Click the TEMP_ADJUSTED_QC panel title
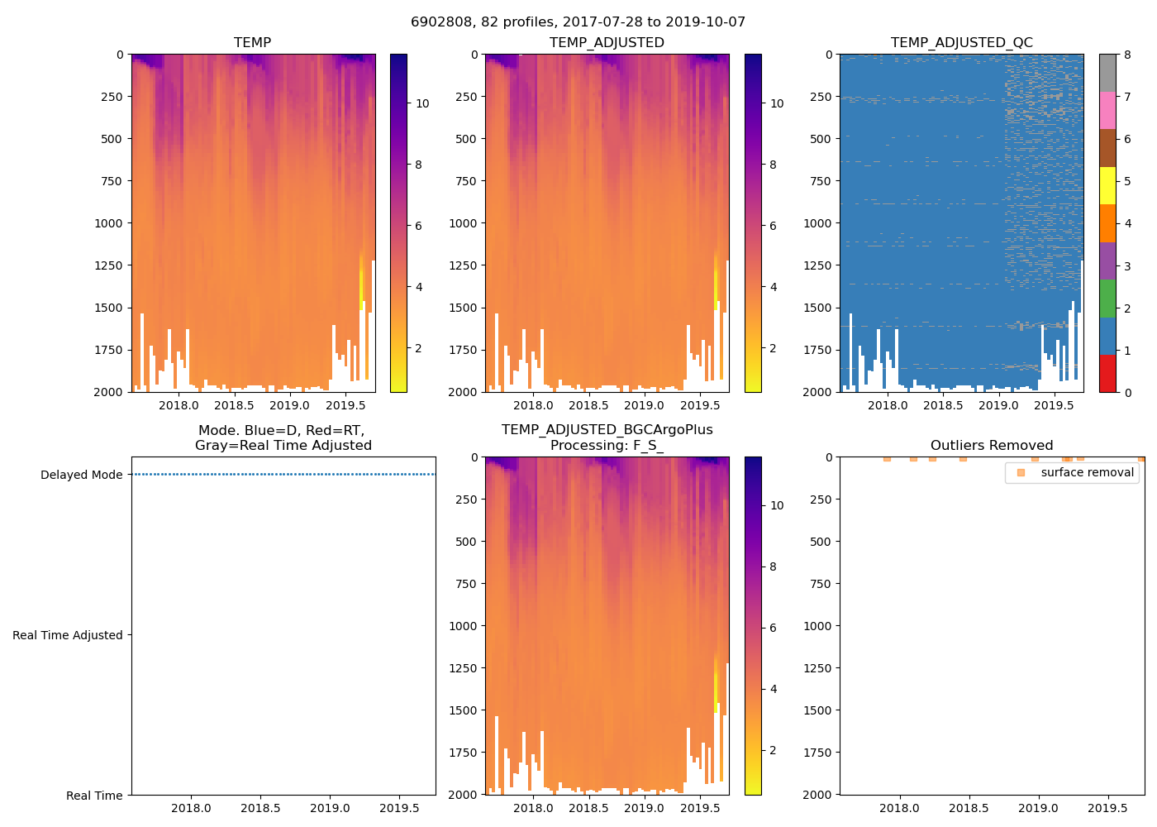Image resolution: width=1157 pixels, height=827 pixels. point(961,42)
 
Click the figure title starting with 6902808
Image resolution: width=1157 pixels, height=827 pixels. point(578,22)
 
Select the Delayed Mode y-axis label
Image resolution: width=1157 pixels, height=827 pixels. point(81,475)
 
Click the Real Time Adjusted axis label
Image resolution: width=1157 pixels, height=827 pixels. point(67,635)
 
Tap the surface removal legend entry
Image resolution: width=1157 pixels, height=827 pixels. point(1087,472)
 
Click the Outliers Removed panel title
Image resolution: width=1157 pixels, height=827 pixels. point(991,445)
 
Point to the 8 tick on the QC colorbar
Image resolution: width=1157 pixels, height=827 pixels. point(1127,55)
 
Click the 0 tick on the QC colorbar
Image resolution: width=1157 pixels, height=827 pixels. point(1127,392)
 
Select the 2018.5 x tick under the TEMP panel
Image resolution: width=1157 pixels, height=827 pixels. point(234,405)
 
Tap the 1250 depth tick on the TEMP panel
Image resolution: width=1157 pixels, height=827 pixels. point(108,265)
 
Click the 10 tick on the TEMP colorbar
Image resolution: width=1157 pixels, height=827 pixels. point(422,103)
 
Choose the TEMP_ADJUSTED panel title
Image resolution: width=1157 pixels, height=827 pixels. point(607,42)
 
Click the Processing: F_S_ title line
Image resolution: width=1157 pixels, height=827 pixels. point(607,445)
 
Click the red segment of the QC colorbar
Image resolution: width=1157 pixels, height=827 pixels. point(1107,373)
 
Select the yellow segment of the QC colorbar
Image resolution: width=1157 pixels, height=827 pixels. point(1107,185)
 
